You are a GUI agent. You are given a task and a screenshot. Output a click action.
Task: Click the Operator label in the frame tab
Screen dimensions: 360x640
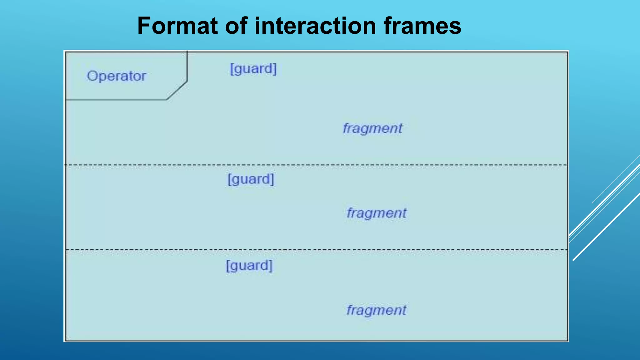point(116,76)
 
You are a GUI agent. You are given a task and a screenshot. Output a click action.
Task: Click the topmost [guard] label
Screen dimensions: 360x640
point(253,69)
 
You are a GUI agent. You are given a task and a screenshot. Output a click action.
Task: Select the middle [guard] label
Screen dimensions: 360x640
point(251,179)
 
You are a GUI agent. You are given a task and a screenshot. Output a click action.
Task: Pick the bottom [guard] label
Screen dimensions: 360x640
point(249,266)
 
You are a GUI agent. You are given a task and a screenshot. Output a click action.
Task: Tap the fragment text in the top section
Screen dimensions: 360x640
point(372,128)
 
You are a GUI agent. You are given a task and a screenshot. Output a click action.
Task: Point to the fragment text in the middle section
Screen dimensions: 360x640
point(376,213)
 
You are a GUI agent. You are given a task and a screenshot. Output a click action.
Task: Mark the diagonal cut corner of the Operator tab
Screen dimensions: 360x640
point(177,91)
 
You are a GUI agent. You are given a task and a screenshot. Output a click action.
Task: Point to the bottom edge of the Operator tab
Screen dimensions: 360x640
point(116,100)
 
